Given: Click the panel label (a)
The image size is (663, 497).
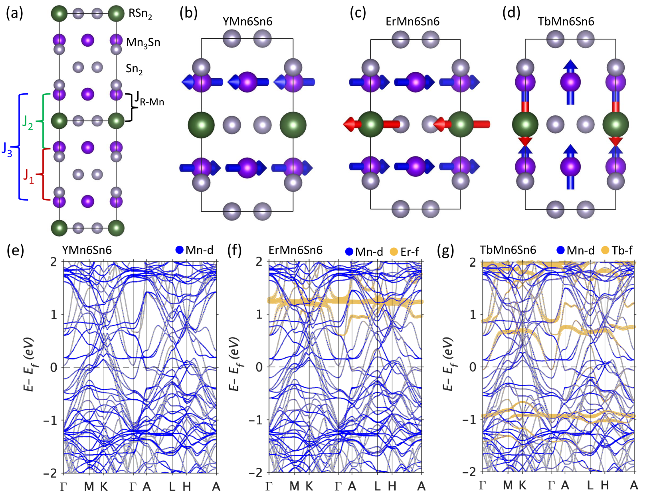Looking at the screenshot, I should click(x=14, y=13).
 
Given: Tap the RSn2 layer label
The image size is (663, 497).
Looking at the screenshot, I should click(x=140, y=14).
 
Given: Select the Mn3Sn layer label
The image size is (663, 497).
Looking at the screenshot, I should click(x=143, y=42).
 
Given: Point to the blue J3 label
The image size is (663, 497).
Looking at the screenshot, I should click(x=7, y=150).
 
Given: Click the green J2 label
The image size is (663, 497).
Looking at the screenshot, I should click(x=28, y=123).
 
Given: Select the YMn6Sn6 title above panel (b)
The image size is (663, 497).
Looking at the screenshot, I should click(x=247, y=22).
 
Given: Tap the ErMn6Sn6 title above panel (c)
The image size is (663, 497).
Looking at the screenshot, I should click(x=412, y=22).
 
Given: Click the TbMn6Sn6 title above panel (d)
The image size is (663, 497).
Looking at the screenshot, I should click(x=566, y=22).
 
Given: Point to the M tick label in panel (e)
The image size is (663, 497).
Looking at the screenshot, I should click(x=89, y=486).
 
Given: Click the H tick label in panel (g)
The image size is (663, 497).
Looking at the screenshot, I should click(x=605, y=485).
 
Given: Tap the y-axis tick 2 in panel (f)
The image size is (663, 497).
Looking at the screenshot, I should click(x=259, y=262).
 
